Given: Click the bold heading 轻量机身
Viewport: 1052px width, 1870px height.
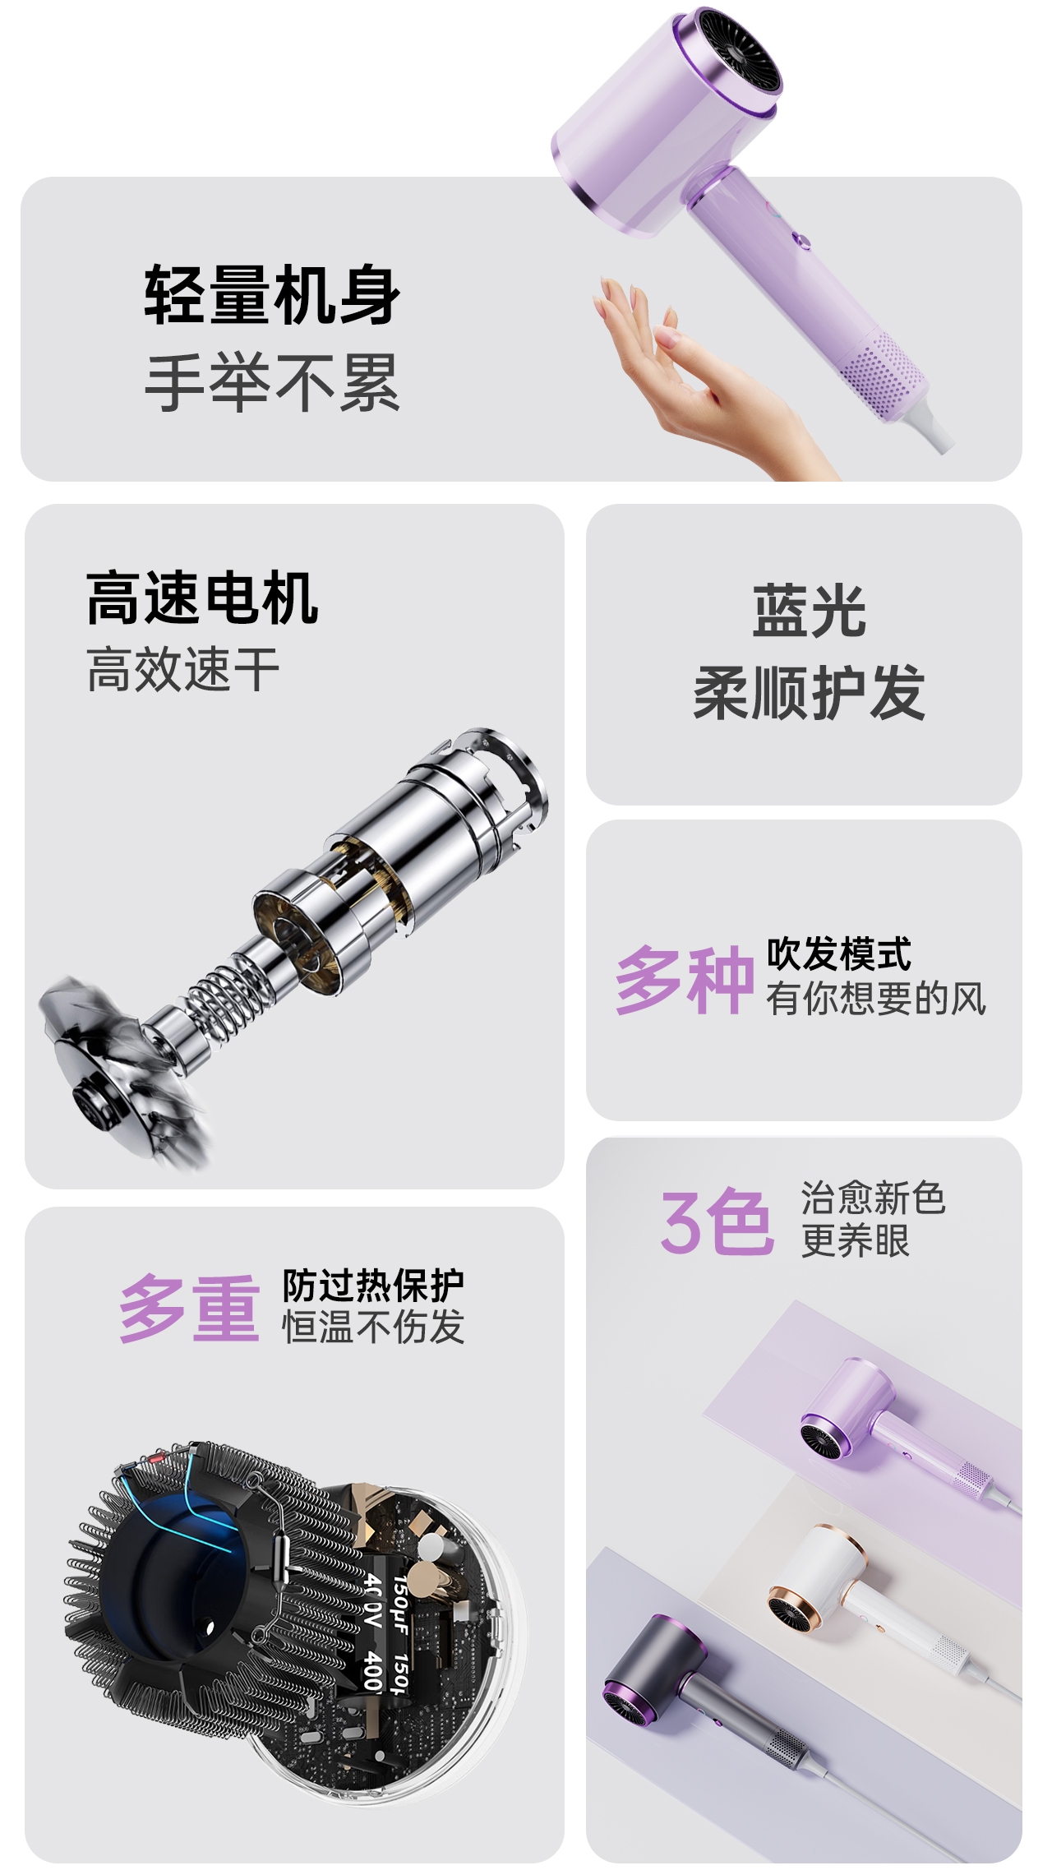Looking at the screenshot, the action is click(272, 293).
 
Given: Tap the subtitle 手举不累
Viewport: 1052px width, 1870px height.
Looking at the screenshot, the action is click(272, 382).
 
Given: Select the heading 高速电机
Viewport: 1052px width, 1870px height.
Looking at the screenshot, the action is click(202, 598).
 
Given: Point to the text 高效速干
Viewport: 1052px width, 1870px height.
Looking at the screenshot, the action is click(182, 668).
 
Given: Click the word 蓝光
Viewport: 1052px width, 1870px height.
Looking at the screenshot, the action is click(810, 611).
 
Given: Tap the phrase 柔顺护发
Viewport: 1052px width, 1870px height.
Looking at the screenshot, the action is click(810, 693).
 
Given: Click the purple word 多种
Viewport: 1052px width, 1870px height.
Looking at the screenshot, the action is click(685, 979).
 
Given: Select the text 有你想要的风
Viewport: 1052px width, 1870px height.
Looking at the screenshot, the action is click(876, 998).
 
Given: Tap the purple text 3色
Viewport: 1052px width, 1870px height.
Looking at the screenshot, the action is click(717, 1222).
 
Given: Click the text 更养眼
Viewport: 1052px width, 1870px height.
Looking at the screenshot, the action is click(856, 1240).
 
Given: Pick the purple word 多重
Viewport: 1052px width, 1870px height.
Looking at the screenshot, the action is click(190, 1308).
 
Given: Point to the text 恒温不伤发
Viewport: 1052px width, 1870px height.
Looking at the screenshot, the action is click(373, 1327).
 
